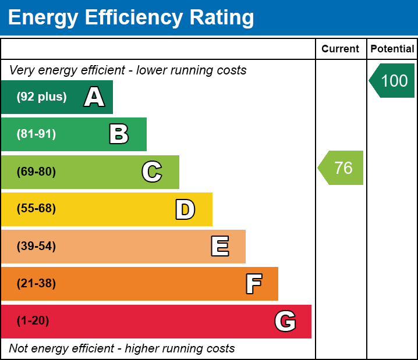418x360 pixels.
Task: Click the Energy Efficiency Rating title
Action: point(131,18)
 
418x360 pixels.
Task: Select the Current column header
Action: point(341,49)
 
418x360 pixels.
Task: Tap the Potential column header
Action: point(392,49)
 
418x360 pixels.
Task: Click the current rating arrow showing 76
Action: point(342,168)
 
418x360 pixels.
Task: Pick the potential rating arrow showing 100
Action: point(393,80)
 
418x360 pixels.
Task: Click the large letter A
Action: point(94,97)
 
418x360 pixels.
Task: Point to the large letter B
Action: point(119,134)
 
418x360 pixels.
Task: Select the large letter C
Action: point(152,172)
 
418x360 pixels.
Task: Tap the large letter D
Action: point(185,209)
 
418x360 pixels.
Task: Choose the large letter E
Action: point(219,247)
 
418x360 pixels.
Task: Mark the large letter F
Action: point(253,284)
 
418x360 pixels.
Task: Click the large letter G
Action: point(285,321)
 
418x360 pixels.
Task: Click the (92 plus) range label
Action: point(41,97)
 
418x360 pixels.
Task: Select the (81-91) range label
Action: point(36,134)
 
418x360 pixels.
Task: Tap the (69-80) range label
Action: point(36,172)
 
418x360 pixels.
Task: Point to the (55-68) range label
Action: point(36,209)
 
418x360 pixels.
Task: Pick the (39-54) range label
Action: point(36,247)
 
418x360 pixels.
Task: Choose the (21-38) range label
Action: point(36,284)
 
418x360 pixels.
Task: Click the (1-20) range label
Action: point(33,321)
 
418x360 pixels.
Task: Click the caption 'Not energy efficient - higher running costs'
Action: point(122,349)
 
